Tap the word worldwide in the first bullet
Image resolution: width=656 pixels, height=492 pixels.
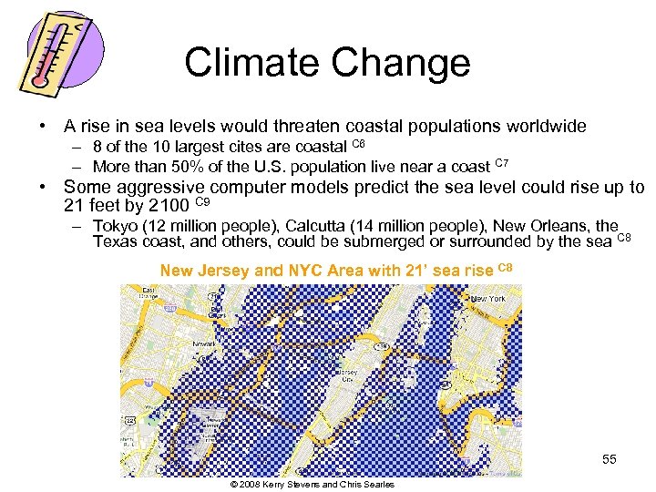[x=544, y=127]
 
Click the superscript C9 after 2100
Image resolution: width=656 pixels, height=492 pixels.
[x=204, y=201]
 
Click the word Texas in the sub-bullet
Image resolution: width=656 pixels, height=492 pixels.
[x=115, y=241]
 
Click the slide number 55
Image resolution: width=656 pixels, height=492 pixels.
[x=609, y=460]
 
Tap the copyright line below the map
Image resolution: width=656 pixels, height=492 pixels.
[x=313, y=485]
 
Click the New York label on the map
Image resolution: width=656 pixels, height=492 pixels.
[x=487, y=299]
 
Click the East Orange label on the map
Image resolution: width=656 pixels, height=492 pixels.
[x=147, y=292]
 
